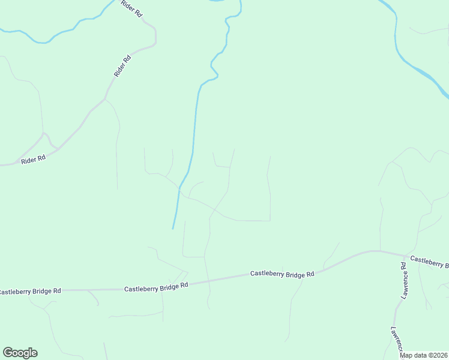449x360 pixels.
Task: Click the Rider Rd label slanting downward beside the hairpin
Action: [x=131, y=13]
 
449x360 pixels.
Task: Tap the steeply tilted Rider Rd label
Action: [x=122, y=65]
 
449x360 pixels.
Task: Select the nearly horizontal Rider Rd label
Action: [x=33, y=160]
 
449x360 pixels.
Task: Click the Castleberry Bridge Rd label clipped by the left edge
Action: [x=30, y=291]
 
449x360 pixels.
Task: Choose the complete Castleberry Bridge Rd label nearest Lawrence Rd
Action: [x=282, y=274]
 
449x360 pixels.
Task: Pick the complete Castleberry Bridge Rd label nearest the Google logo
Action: [x=156, y=288]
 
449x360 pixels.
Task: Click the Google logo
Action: [x=20, y=353]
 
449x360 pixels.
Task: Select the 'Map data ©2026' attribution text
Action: [x=424, y=355]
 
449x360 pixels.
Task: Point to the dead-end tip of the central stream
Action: [x=173, y=228]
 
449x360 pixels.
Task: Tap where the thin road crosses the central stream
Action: [x=179, y=188]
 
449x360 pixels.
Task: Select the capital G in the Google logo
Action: [x=8, y=353]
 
